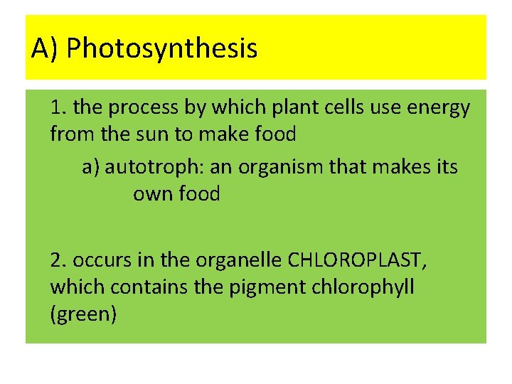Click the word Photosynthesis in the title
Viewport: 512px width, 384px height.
click(161, 49)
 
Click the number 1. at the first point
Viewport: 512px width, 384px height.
click(59, 107)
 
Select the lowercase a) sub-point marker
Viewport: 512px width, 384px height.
click(90, 167)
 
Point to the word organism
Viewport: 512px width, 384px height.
click(284, 168)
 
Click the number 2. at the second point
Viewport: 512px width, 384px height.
click(59, 261)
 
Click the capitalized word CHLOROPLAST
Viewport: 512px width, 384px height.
click(358, 261)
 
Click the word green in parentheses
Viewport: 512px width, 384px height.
click(83, 314)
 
